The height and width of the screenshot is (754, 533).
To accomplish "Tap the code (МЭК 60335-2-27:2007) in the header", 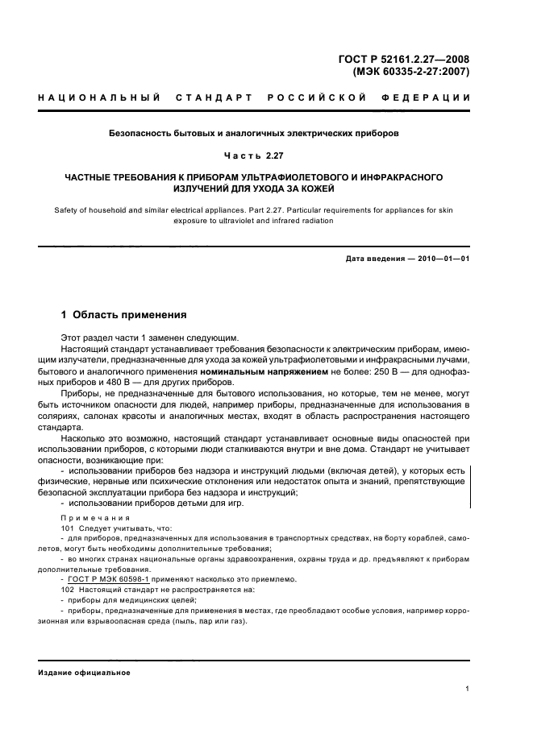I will pyautogui.click(x=411, y=71).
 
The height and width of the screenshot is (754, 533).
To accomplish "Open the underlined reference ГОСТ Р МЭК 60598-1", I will pyautogui.click(x=103, y=579).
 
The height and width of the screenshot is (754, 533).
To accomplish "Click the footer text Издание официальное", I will pyautogui.click(x=84, y=672).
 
